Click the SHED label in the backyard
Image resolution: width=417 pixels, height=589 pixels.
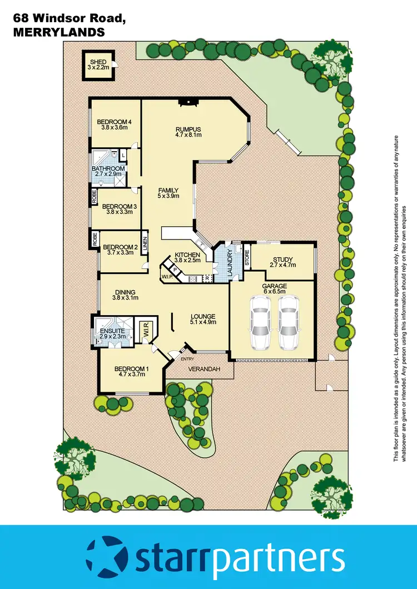click(100, 61)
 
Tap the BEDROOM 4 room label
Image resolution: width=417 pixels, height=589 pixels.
click(115, 122)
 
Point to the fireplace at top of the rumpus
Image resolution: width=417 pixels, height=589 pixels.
click(188, 102)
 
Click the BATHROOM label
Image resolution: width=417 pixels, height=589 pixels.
click(108, 168)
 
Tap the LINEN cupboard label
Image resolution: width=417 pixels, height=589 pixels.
click(145, 244)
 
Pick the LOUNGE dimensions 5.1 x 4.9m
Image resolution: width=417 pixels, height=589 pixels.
click(202, 323)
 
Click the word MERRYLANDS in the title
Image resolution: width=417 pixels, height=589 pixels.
click(58, 33)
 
